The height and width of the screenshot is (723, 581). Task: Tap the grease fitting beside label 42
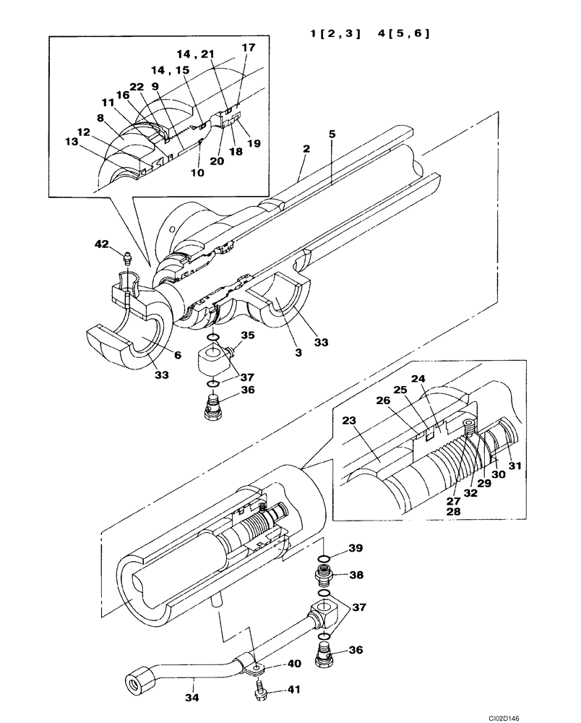[x=127, y=257]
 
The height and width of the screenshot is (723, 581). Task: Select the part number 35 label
[x=248, y=335]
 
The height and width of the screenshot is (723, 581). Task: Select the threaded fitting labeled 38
[x=325, y=576]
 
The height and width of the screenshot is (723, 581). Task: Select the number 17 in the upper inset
[x=248, y=48]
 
